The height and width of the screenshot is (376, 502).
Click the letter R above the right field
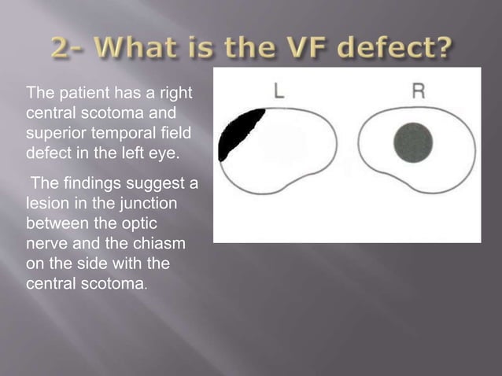[419, 91]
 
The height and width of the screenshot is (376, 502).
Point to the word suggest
[150, 185]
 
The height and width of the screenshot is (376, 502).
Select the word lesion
[46, 203]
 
